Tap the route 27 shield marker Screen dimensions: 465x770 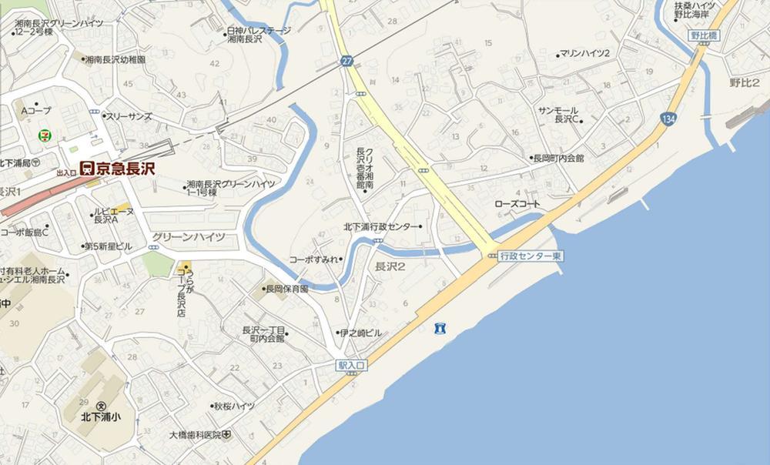pos(347,60)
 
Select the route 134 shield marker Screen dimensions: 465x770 pos(667,118)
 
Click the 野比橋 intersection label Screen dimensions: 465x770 pos(704,36)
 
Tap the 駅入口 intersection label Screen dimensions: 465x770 pos(351,366)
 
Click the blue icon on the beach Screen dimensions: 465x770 pos(440,329)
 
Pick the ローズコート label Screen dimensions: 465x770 pos(517,205)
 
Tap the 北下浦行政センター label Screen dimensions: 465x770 pos(382,227)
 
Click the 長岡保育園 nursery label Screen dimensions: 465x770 pos(286,289)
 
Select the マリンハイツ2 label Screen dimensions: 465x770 pos(584,53)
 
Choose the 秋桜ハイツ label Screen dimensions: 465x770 pos(234,406)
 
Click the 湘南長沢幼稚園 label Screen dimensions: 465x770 pos(119,59)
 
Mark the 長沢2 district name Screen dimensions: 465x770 pos(390,266)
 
